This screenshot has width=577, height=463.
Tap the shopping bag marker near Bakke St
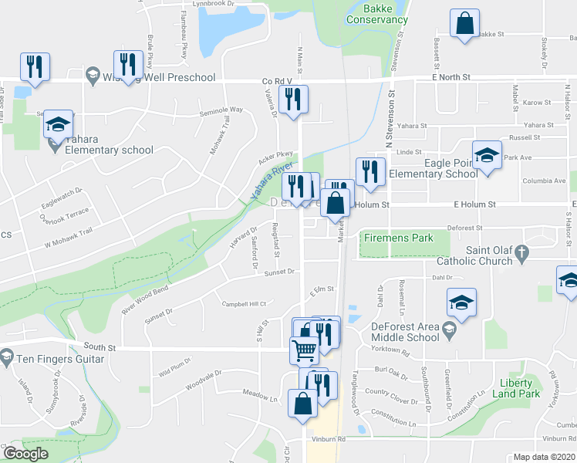point(465,25)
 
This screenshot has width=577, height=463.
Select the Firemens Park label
point(399,238)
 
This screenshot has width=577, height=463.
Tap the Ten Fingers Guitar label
point(58,359)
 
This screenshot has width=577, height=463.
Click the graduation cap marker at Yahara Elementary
point(57,124)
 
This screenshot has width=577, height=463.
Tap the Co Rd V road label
point(277,80)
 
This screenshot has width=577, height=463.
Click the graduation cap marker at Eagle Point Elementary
point(487,156)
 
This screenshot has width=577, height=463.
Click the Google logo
point(26,454)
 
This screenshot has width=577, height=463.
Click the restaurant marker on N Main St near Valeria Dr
point(293,100)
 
